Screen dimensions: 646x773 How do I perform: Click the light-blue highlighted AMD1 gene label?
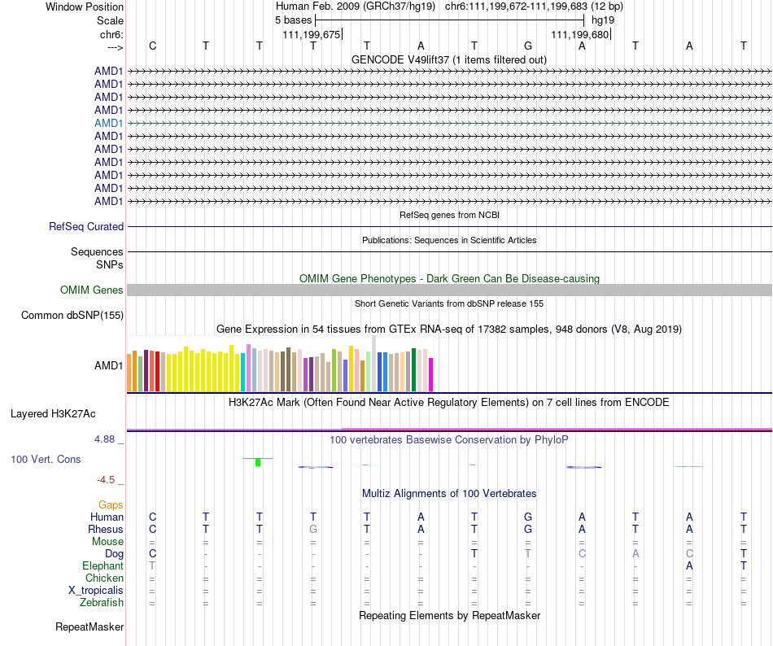click(109, 123)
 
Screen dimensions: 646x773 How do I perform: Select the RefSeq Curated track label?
click(86, 227)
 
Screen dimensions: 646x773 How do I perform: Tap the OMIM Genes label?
click(92, 290)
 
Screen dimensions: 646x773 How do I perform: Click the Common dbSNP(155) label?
click(72, 316)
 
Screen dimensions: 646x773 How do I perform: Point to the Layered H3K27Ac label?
click(53, 413)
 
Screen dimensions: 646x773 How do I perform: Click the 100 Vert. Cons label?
click(46, 460)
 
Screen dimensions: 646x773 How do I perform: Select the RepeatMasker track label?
click(90, 627)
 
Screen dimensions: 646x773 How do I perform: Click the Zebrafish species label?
click(103, 603)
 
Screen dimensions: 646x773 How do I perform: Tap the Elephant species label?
click(103, 565)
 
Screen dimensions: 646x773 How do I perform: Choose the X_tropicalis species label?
click(97, 591)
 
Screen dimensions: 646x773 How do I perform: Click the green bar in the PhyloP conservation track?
click(257, 462)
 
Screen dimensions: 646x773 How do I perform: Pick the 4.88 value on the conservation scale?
click(107, 439)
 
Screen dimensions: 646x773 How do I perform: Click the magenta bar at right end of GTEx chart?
click(431, 373)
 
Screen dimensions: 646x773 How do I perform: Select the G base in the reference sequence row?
click(528, 46)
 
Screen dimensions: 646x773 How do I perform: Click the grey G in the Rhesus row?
click(312, 529)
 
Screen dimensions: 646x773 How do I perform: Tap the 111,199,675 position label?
click(312, 34)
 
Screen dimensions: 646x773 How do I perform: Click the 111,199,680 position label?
click(580, 34)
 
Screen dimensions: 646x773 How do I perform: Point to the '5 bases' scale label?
click(293, 20)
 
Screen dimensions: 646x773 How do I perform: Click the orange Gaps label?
click(111, 505)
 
